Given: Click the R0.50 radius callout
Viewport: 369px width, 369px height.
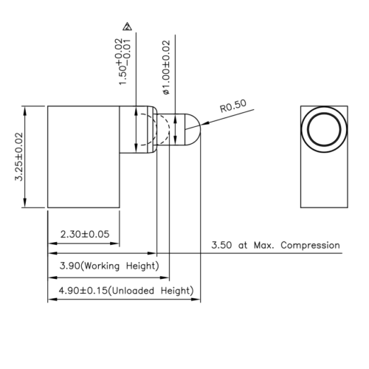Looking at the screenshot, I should (234, 107).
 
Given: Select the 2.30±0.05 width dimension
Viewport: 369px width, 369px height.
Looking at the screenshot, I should (84, 234).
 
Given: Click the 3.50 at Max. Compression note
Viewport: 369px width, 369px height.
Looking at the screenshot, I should (275, 245).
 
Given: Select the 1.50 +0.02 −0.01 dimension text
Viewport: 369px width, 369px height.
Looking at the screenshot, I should (126, 62).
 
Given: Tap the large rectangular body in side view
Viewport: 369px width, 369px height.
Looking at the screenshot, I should (83, 156).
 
